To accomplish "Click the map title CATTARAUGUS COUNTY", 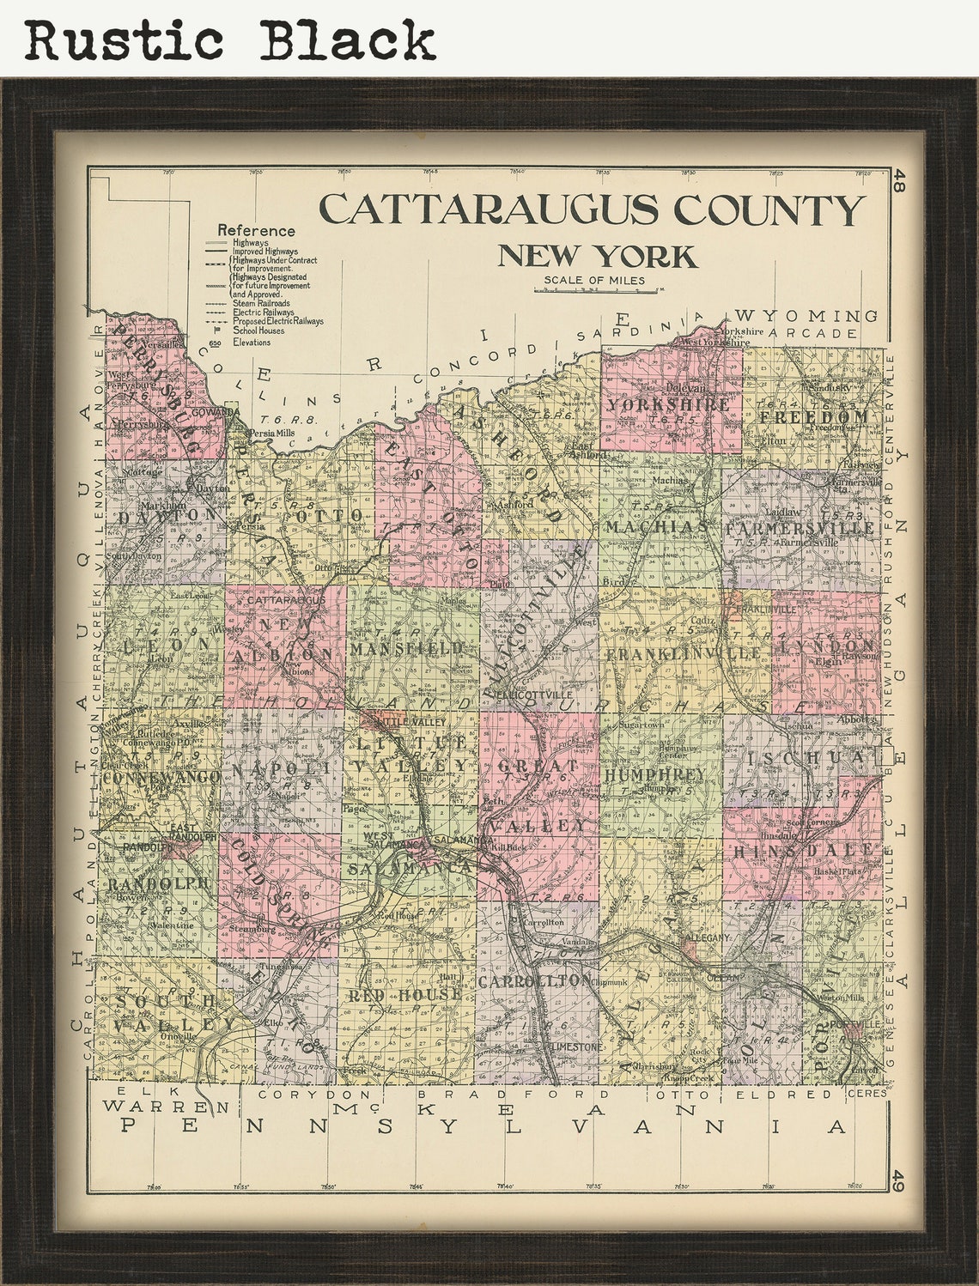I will point(591,210).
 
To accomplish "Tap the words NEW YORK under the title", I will point(598,257).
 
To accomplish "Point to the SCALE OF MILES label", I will point(593,280).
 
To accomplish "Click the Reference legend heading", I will point(256,230).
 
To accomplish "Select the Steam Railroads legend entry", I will point(261,303).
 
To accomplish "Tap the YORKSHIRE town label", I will point(669,404).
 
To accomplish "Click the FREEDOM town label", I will point(812,416).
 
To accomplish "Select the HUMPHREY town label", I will point(655,774).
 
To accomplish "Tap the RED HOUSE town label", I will point(404,994).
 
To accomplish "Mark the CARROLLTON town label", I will point(535,980).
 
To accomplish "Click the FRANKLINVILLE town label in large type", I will point(684,653).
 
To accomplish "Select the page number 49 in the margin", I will point(898,1180).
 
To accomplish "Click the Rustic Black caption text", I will point(230,39).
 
